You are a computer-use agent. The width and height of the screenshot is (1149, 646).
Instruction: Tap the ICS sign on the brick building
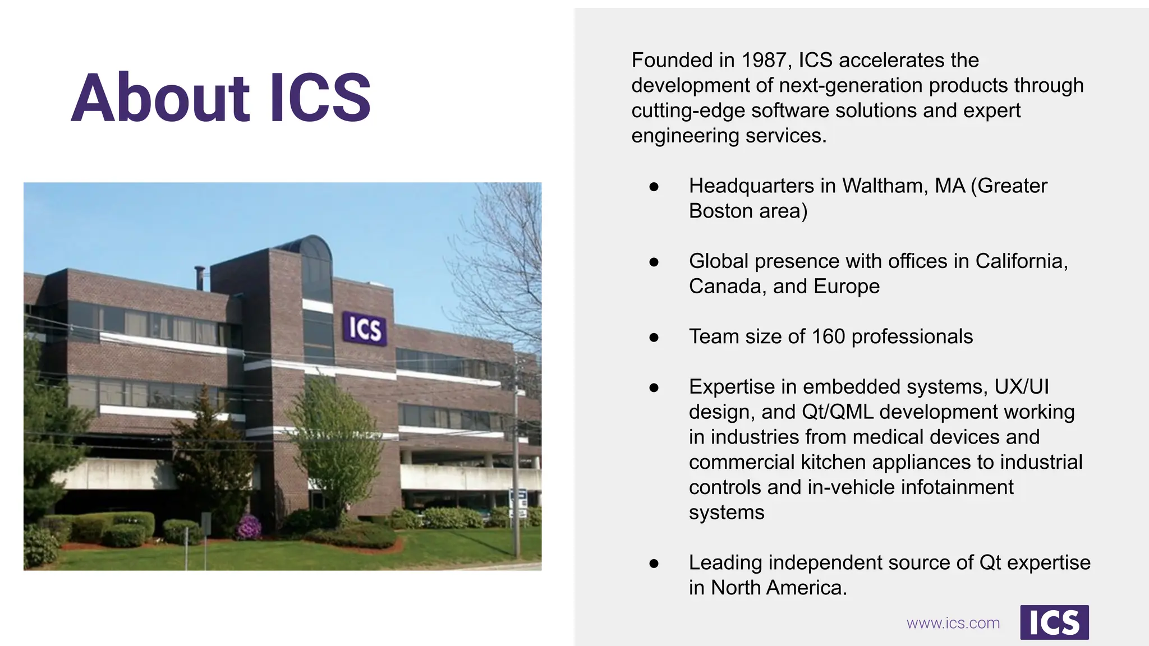[365, 328]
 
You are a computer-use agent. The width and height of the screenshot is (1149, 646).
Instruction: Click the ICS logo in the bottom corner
[1054, 622]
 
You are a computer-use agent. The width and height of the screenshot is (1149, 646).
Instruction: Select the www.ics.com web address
[953, 623]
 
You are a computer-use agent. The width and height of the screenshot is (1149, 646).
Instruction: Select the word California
[1021, 261]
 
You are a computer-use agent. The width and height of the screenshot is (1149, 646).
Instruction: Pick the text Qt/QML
[838, 412]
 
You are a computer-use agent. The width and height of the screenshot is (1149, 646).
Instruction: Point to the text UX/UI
[1022, 387]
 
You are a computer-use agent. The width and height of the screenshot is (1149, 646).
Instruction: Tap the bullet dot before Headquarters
[654, 187]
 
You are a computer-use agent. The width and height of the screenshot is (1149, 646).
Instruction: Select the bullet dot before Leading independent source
[654, 564]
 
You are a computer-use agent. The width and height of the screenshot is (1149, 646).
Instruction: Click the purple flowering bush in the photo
[249, 527]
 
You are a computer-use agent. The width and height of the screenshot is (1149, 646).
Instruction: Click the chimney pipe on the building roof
[199, 278]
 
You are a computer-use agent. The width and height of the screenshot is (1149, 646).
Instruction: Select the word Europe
[846, 287]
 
